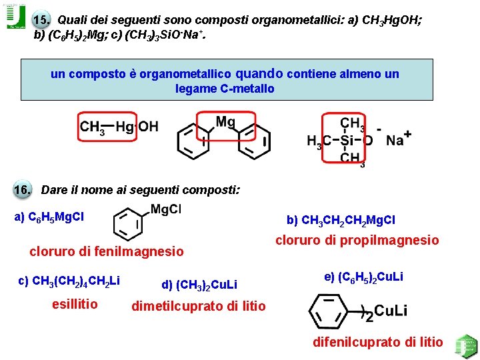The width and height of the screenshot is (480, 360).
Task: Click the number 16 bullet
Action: coord(23,189)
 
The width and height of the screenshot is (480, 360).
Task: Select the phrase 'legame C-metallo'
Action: coord(225,89)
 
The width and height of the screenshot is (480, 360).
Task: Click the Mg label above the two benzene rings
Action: coord(225,122)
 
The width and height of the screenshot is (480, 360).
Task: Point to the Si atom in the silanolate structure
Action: coord(344,141)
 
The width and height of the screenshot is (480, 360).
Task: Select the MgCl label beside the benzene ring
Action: coord(166,209)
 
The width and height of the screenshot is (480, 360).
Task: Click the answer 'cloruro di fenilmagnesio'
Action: coord(106,251)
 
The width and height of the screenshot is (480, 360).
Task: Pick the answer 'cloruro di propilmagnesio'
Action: coord(357,240)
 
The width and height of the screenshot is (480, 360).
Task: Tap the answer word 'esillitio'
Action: coord(75,305)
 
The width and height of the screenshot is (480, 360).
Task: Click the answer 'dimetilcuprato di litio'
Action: coord(199,307)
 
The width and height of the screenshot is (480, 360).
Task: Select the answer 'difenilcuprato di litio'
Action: coord(378,342)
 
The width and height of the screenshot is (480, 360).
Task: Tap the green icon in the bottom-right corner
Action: coord(465,346)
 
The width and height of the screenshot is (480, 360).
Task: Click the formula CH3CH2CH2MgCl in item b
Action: coord(341,220)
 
